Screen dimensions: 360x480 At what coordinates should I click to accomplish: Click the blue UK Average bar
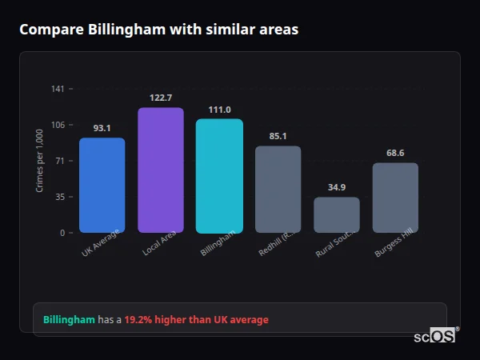click(x=102, y=185)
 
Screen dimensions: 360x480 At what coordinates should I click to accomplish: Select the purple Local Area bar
click(x=161, y=170)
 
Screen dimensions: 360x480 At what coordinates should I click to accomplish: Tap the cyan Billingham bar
click(x=219, y=176)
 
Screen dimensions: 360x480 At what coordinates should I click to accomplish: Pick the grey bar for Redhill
click(x=278, y=190)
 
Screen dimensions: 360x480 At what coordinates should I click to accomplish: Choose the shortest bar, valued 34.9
click(x=337, y=214)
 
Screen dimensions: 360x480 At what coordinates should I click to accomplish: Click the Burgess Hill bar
click(x=395, y=198)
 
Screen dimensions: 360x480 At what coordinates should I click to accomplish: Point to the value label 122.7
click(x=161, y=98)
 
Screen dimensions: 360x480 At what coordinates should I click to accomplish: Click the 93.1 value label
click(x=102, y=128)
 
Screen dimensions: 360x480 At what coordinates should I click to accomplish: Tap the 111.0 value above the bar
click(x=219, y=110)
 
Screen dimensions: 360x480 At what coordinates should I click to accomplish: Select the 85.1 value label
click(x=278, y=136)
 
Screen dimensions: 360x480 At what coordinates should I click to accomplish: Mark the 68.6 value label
click(x=395, y=153)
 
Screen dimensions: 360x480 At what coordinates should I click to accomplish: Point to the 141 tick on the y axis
click(x=58, y=89)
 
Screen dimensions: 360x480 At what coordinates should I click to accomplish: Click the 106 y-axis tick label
click(x=58, y=125)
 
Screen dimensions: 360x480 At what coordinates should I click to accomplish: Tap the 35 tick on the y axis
click(x=59, y=197)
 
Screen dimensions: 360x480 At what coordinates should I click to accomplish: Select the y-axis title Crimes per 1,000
click(x=40, y=161)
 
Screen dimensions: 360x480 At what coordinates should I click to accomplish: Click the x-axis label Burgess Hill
click(x=394, y=242)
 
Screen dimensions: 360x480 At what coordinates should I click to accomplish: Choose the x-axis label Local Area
click(x=160, y=243)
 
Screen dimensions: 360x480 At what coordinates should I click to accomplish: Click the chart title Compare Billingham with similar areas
click(x=158, y=30)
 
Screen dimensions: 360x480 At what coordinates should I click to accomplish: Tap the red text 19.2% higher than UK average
click(x=196, y=320)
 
